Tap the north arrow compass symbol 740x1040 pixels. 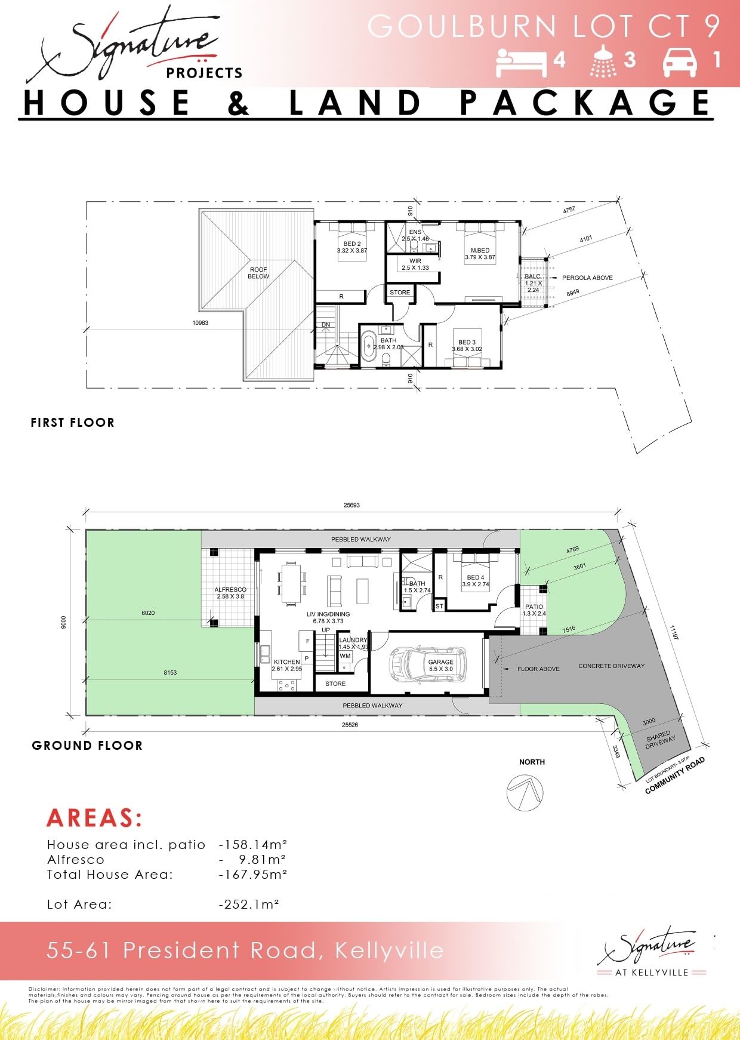pyautogui.click(x=525, y=793)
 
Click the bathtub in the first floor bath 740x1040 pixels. pyautogui.click(x=368, y=347)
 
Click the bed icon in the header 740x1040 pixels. pyautogui.click(x=521, y=62)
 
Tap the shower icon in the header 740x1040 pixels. pyautogui.click(x=603, y=61)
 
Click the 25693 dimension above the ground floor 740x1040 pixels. pyautogui.click(x=351, y=505)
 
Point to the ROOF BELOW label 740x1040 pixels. pyautogui.click(x=258, y=273)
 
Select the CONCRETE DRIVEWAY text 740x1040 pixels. pyautogui.click(x=611, y=666)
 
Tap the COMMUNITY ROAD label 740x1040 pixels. pyautogui.click(x=675, y=776)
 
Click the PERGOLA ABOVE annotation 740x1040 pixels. pyautogui.click(x=587, y=278)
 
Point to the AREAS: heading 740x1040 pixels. pyautogui.click(x=94, y=818)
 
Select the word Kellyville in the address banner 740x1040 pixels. pyautogui.click(x=389, y=950)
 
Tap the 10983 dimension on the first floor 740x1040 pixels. pyautogui.click(x=200, y=323)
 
